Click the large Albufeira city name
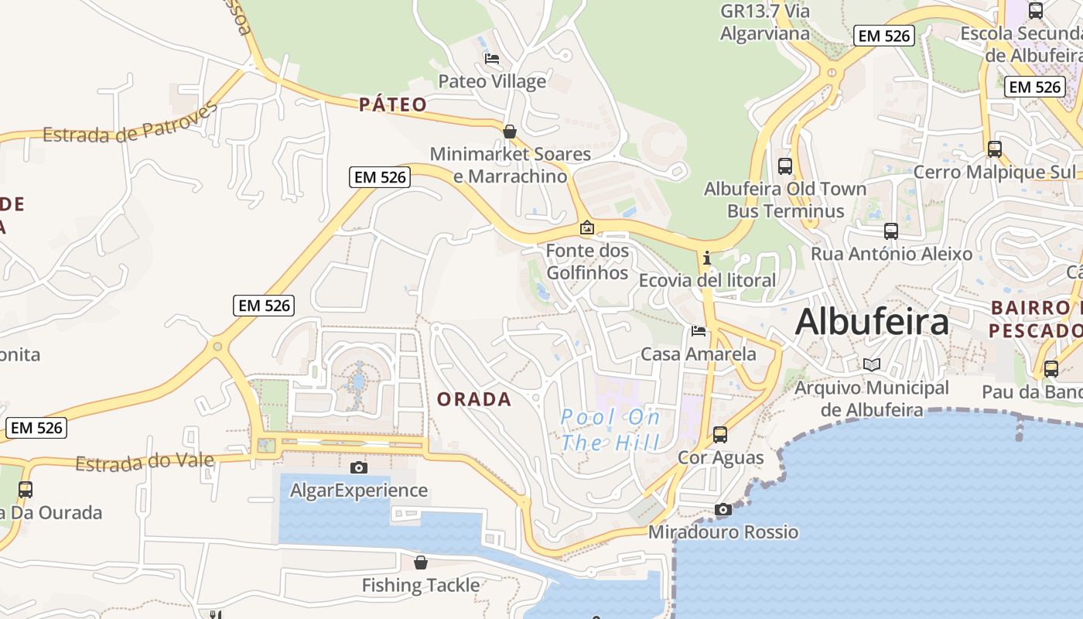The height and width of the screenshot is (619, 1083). pos(872,321)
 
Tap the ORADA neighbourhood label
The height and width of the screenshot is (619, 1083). pos(474,399)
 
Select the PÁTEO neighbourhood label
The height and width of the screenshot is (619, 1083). pos(393,104)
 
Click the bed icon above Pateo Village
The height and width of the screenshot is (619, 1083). pos(492,58)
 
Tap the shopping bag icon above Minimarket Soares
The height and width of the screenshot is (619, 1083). pos(510,132)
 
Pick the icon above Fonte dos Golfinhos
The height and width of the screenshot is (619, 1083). pos(587,227)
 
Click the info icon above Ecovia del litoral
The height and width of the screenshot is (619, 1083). pos(706,257)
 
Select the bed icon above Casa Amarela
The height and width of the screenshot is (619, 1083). pos(699,331)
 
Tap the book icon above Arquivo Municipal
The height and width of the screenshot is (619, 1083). pos(872,364)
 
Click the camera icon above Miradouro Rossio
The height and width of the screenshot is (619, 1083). pos(723,509)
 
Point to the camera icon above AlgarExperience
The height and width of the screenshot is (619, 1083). pos(359,467)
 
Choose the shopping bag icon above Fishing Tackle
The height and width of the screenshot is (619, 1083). pos(421,562)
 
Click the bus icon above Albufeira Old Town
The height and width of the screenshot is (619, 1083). pos(785,166)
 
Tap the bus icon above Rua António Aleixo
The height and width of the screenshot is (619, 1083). pos(891,231)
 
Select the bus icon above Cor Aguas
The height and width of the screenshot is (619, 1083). pos(720,435)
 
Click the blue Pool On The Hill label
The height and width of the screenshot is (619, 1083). pos(611,430)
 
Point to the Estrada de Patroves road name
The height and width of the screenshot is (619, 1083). pos(130,124)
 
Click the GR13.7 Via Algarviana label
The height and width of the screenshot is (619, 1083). pos(765,22)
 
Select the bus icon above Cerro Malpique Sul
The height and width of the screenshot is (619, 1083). pos(995,149)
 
